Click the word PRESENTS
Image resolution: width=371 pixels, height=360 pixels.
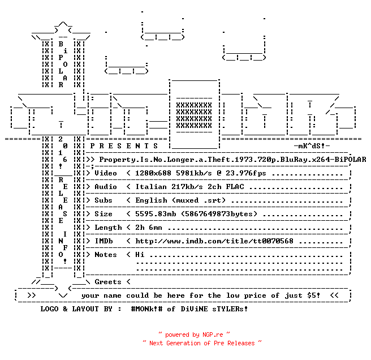tap(124, 146)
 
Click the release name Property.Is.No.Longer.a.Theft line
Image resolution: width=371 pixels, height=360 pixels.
tap(232, 160)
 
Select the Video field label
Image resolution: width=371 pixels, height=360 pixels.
tap(106, 173)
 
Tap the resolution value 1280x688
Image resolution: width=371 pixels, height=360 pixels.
tap(153, 173)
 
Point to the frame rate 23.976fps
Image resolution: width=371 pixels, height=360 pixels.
tap(245, 173)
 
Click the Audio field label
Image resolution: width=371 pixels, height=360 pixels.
tap(106, 187)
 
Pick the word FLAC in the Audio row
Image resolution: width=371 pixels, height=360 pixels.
tap(235, 187)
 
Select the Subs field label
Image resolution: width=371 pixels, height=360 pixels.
tap(103, 200)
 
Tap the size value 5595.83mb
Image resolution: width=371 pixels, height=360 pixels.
tap(156, 214)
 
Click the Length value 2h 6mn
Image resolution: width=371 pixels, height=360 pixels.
tap(149, 228)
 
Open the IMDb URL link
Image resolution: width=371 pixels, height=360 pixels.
tap(214, 241)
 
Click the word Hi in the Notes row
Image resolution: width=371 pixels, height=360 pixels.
tap(140, 255)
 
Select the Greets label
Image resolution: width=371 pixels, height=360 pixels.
tap(108, 282)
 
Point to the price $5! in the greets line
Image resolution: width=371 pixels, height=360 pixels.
tap(313, 295)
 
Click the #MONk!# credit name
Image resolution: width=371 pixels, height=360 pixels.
tap(146, 309)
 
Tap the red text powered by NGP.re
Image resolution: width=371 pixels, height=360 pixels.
tap(194, 335)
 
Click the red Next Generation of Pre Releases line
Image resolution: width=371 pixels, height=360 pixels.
tap(202, 343)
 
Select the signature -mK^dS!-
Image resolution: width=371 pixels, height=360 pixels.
tap(312, 146)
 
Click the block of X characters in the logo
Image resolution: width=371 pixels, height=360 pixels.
tap(194, 115)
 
